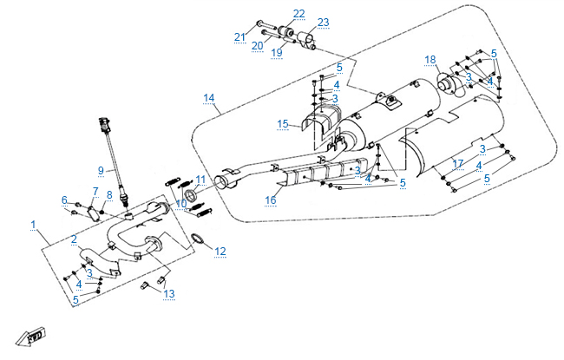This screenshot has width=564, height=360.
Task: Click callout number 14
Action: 208,97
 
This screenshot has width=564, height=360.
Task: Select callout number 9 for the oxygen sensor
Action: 101,170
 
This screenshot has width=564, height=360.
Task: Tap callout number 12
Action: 220,252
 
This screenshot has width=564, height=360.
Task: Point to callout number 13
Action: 169,294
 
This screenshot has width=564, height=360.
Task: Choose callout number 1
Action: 34,226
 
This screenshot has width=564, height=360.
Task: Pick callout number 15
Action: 283,124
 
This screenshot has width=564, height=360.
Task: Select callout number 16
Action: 271,200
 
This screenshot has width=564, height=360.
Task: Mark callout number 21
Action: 240,36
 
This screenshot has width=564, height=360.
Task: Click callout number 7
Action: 95,191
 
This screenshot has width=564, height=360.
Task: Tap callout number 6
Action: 64,200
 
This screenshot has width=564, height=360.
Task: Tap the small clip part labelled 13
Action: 160,282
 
